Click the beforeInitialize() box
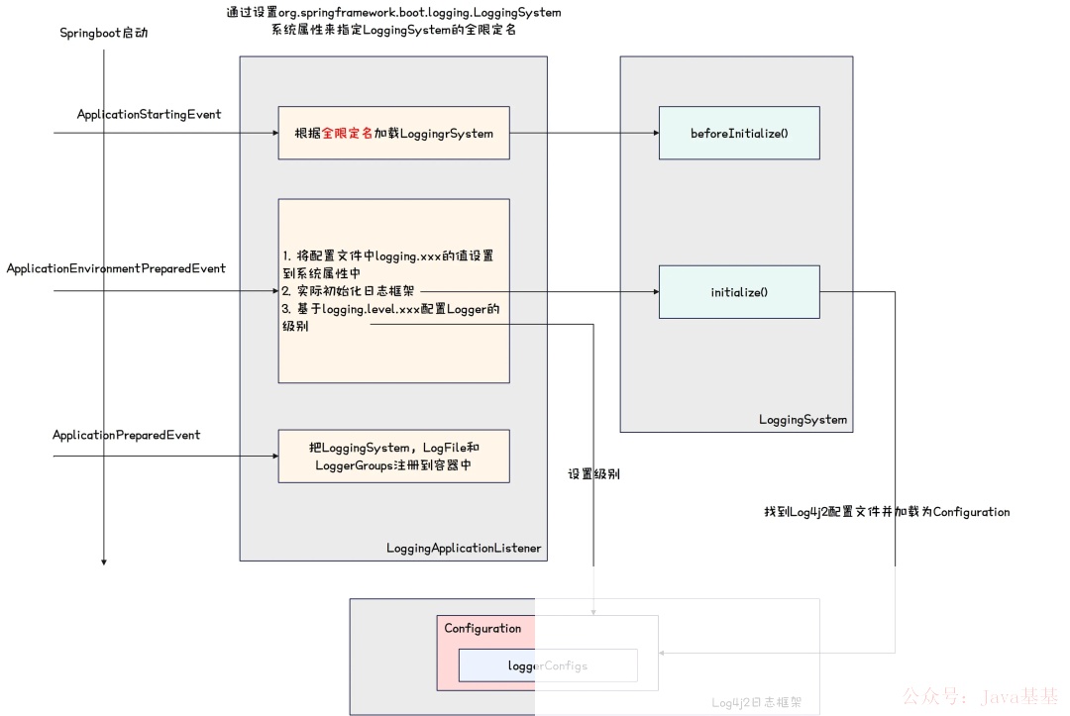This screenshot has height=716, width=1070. tap(739, 133)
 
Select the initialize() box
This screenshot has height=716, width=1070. tap(739, 292)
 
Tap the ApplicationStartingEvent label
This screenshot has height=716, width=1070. tap(149, 115)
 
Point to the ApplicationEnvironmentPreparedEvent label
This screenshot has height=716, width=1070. tap(116, 268)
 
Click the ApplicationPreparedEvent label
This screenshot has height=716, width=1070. tap(126, 435)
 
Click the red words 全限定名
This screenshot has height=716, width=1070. tap(347, 133)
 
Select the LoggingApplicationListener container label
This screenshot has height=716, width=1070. tap(464, 548)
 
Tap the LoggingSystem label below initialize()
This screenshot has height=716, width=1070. tap(802, 419)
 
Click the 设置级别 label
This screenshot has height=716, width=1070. tap(593, 474)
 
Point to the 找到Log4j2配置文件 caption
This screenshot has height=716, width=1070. tap(886, 512)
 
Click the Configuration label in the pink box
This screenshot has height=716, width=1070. tap(482, 629)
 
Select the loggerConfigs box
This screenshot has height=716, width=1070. tap(547, 665)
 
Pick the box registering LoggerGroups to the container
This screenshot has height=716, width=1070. tap(393, 457)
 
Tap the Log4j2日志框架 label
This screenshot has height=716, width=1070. tap(756, 703)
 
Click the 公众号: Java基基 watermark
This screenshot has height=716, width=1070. tap(981, 697)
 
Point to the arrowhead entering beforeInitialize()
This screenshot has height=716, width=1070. tap(654, 133)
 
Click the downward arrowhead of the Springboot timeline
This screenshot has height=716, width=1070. tap(104, 562)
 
